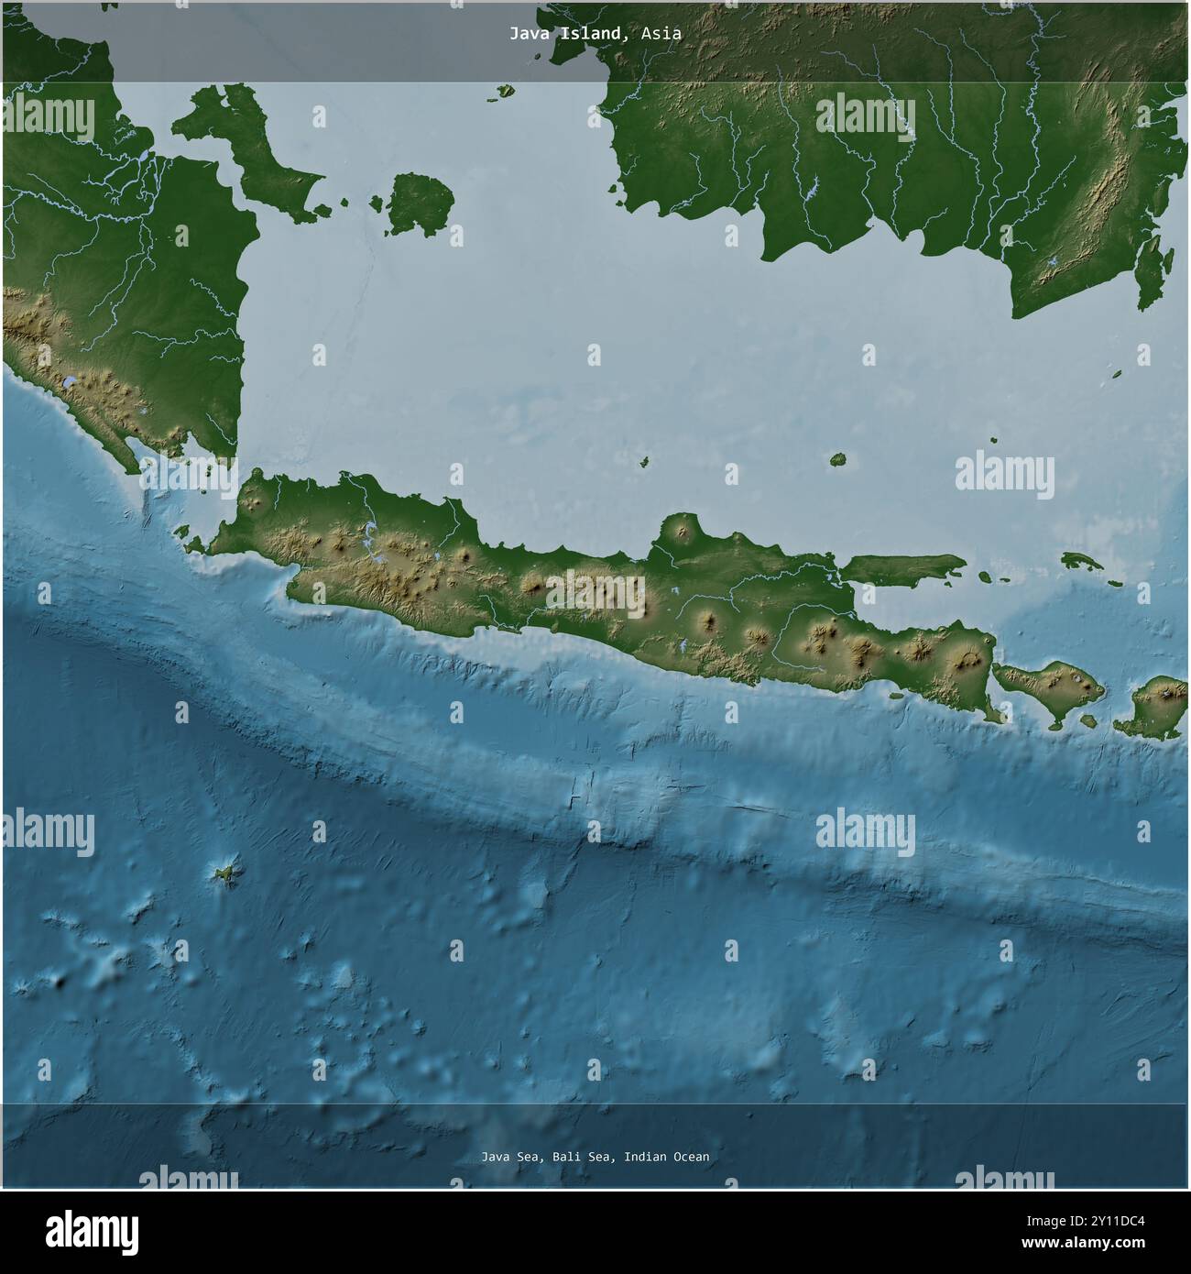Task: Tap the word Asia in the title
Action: (x=661, y=33)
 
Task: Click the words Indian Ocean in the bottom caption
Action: (x=666, y=1157)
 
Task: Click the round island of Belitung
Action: (x=421, y=203)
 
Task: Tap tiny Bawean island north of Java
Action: (x=837, y=459)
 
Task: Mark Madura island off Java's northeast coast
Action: (x=902, y=569)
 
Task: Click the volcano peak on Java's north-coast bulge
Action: (x=680, y=530)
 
